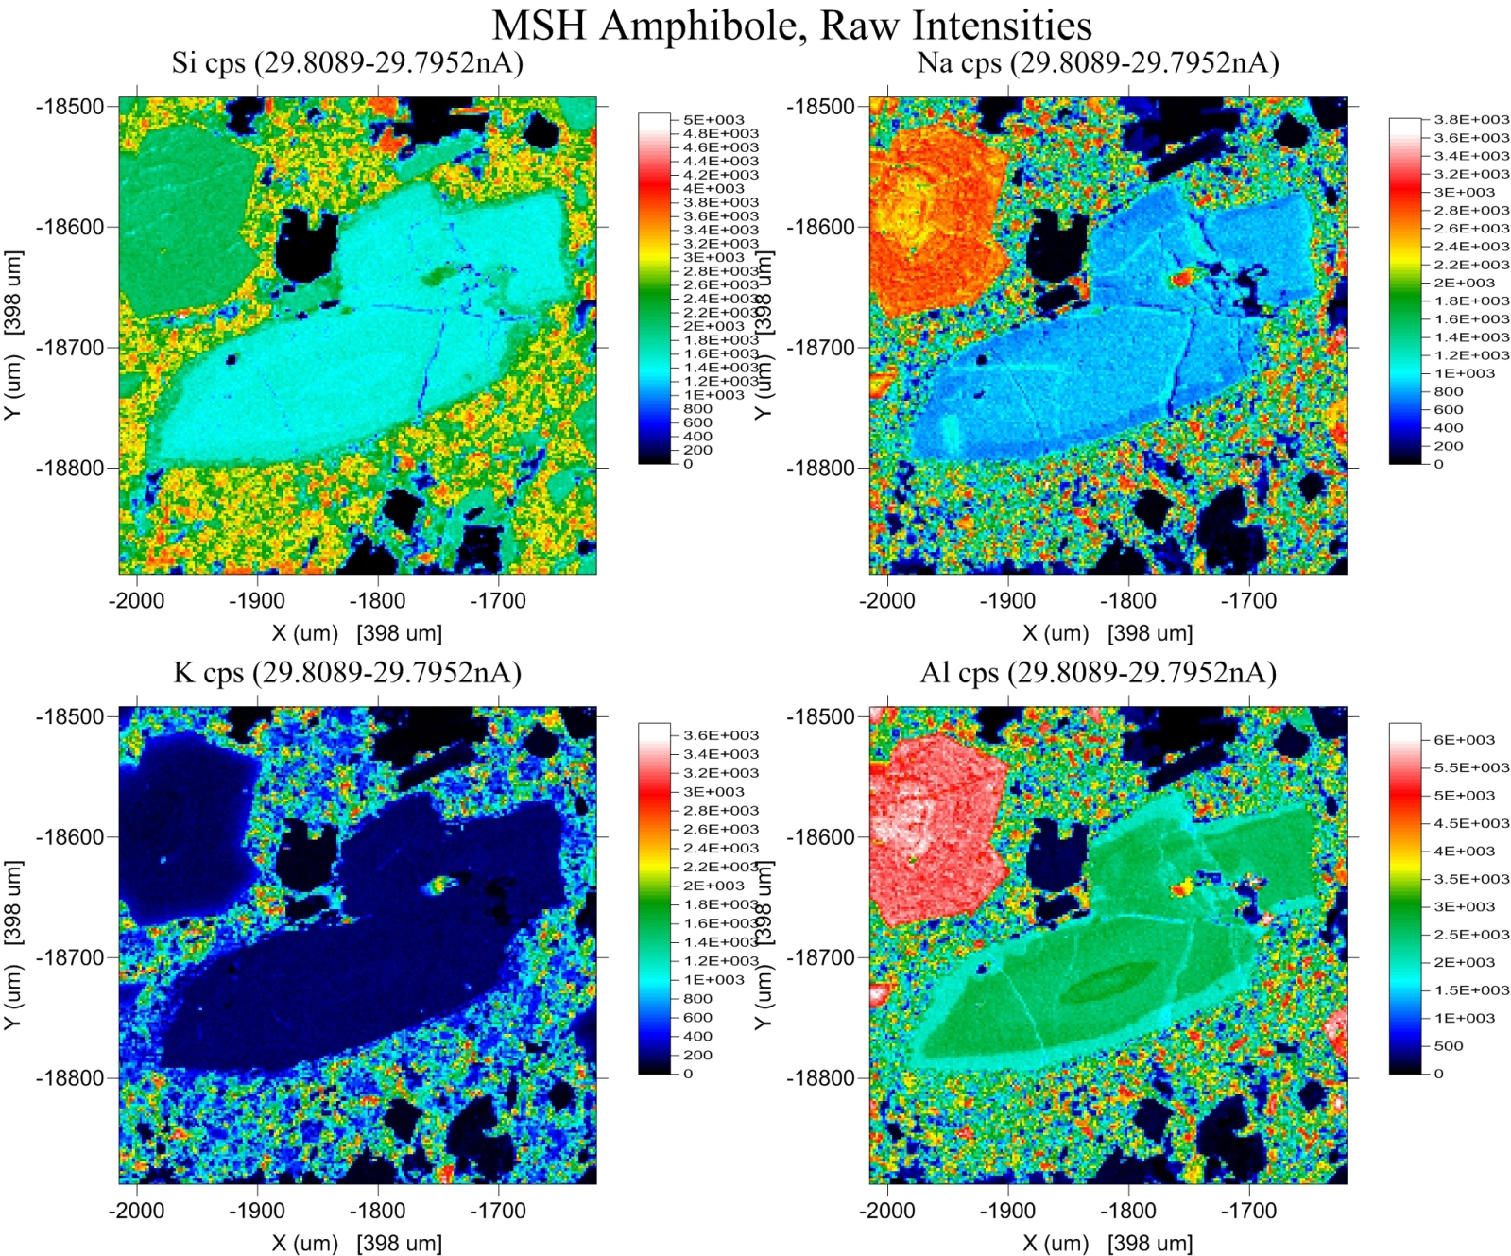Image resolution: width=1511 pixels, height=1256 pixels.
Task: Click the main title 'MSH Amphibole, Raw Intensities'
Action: click(792, 25)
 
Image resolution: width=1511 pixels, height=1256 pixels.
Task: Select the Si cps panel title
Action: click(347, 62)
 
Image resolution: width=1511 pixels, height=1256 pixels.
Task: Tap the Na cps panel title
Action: click(1098, 62)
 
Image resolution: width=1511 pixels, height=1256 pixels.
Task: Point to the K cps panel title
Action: click(347, 672)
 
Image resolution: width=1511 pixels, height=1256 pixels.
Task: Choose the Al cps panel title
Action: click(1098, 672)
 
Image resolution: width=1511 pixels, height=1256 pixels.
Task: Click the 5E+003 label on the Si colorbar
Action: click(713, 120)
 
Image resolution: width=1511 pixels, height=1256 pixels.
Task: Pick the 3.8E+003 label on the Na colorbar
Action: click(1471, 119)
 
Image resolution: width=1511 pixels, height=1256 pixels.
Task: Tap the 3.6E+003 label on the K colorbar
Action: click(720, 735)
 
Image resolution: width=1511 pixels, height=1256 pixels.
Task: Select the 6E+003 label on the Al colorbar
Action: click(1464, 740)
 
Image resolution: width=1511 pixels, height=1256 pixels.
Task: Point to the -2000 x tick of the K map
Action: click(137, 1211)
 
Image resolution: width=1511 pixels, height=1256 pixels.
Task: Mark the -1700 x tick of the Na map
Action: click(1248, 601)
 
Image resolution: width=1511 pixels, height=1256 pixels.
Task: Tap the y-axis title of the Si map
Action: click(13, 336)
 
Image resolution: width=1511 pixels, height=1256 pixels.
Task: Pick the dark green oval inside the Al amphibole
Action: click(1111, 983)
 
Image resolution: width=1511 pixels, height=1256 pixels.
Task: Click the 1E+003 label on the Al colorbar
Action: click(1464, 1018)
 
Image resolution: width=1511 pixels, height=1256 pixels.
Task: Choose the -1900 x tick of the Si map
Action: click(256, 601)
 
